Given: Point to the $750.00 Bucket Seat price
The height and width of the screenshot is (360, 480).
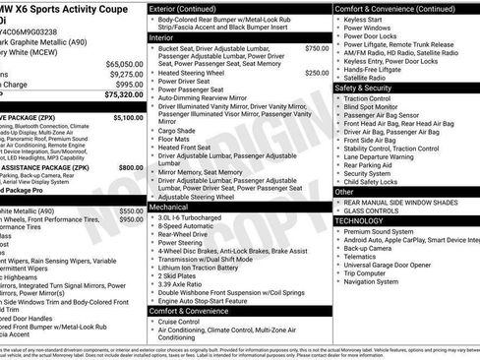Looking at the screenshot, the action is tap(317, 47).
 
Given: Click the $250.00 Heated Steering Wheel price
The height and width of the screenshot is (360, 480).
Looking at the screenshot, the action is tap(317, 73).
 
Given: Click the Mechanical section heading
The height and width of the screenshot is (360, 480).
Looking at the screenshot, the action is tap(169, 208).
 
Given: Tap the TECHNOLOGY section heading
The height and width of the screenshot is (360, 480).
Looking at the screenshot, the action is tap(366, 221).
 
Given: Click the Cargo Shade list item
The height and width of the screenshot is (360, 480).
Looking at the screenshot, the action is tap(177, 129).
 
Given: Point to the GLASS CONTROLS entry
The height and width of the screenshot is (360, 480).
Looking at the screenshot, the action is tap(379, 210).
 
